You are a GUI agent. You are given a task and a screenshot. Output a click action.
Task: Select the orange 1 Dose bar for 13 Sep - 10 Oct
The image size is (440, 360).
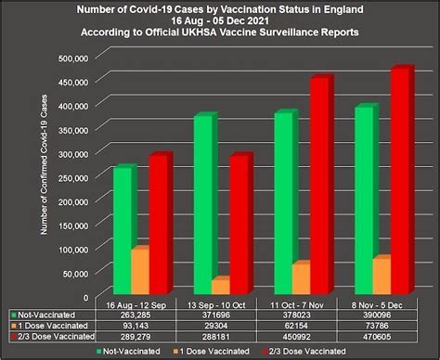click(221, 286)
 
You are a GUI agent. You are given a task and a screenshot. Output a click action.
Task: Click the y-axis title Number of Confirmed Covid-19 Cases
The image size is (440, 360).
click(45, 167)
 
